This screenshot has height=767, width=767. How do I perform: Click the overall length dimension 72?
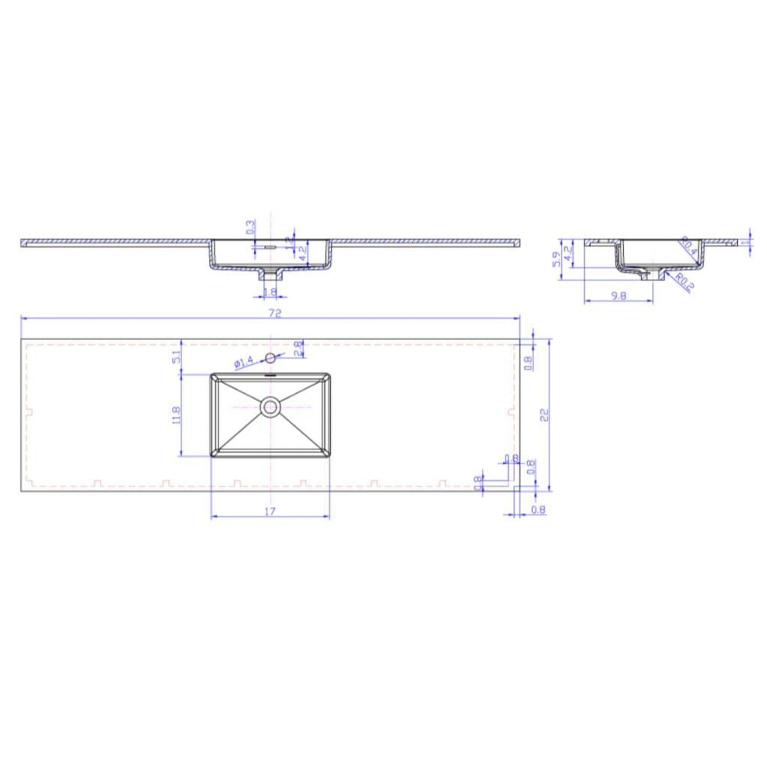point(274,313)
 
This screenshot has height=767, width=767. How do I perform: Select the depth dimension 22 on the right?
point(544,413)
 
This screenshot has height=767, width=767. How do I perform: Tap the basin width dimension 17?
point(270,511)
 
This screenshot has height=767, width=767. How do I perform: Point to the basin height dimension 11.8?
point(177,415)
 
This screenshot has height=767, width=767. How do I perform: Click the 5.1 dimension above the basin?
point(177,358)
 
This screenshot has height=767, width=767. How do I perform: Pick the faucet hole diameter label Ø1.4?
point(244,363)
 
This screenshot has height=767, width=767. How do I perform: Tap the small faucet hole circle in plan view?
point(270,358)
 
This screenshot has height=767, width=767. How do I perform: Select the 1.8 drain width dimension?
point(270,291)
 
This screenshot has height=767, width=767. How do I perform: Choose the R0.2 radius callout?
point(685,282)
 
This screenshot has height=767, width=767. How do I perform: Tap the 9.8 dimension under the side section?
point(618,296)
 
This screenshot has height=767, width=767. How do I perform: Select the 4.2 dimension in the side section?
point(567,251)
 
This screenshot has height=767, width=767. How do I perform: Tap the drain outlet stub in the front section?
point(270,275)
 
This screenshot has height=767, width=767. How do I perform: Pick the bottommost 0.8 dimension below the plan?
point(538,510)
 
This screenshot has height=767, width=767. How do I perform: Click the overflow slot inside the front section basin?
point(270,247)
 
